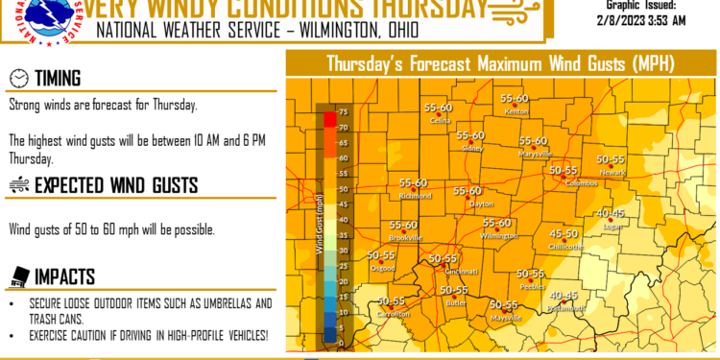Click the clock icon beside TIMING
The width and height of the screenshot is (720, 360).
pos(17,78)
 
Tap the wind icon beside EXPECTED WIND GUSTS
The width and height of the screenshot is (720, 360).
pos(17,185)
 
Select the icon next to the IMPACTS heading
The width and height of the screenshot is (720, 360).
pos(17,276)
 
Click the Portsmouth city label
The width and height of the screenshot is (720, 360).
pos(564,309)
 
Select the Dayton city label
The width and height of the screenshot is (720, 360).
pos(480,204)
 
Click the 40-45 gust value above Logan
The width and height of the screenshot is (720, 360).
pos(611,212)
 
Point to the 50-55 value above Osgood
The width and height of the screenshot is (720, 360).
pos(381,255)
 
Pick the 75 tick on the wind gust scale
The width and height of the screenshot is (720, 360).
pos(343,113)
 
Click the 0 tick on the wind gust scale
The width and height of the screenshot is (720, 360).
pos(342,342)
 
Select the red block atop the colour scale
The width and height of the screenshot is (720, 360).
pos(329,119)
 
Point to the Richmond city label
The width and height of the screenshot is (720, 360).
pos(415,197)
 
